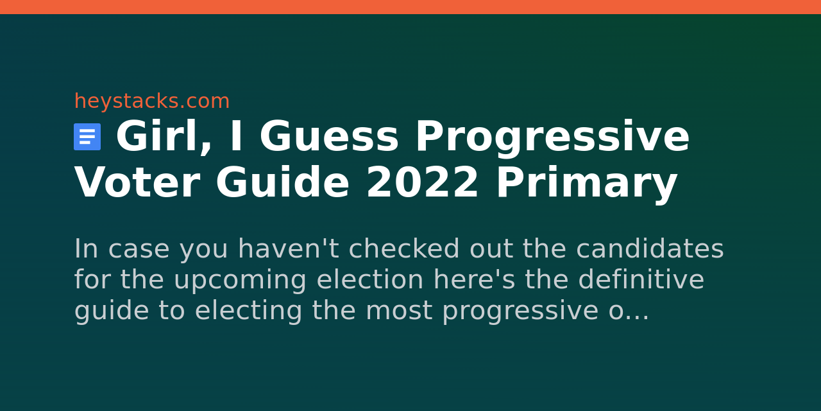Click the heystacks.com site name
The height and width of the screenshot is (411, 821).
click(152, 101)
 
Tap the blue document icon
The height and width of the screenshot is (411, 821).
click(87, 137)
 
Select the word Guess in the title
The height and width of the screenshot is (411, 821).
click(329, 136)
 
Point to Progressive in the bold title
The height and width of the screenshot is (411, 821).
click(552, 138)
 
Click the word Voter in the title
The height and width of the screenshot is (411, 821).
click(137, 183)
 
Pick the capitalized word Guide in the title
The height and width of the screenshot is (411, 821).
click(283, 182)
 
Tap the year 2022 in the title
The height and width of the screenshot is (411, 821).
click(422, 182)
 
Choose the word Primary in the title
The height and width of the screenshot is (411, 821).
click(586, 184)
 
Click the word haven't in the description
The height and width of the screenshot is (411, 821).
click(289, 249)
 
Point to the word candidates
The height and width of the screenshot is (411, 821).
click(650, 249)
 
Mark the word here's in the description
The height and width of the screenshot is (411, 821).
click(474, 279)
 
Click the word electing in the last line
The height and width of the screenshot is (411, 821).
click(248, 312)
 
